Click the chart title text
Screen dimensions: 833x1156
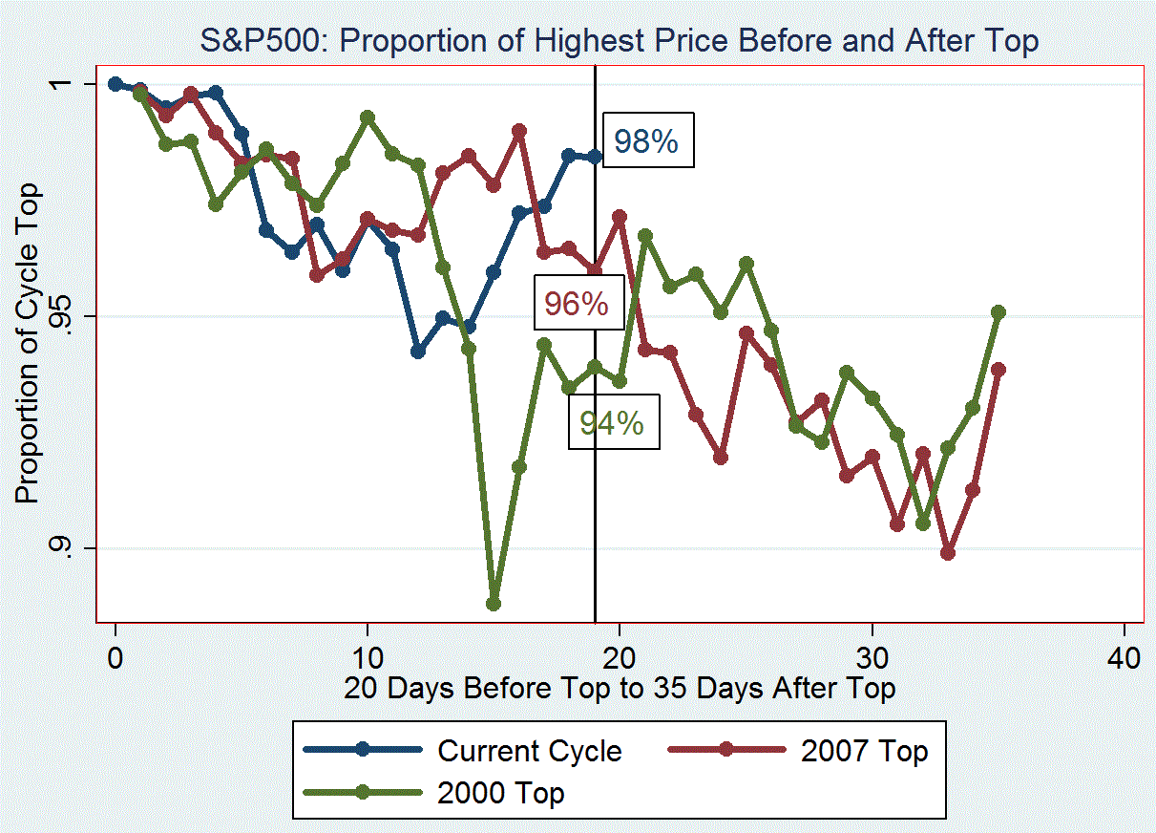(x=619, y=41)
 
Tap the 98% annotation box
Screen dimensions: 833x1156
(x=646, y=141)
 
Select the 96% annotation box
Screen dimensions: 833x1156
(x=577, y=304)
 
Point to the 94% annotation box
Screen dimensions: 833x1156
(x=613, y=422)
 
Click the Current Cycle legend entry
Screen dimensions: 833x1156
(x=529, y=751)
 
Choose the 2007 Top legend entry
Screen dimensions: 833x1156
(x=865, y=751)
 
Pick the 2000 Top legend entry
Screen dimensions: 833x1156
(x=500, y=793)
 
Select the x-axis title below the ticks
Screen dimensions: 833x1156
(x=620, y=688)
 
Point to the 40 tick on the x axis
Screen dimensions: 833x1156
(x=1124, y=658)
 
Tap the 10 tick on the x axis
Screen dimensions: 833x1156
(x=368, y=658)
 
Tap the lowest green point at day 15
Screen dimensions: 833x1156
(x=494, y=604)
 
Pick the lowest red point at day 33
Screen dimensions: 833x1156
(x=948, y=553)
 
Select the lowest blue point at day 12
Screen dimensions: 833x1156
(x=418, y=352)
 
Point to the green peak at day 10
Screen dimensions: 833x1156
(x=368, y=117)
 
